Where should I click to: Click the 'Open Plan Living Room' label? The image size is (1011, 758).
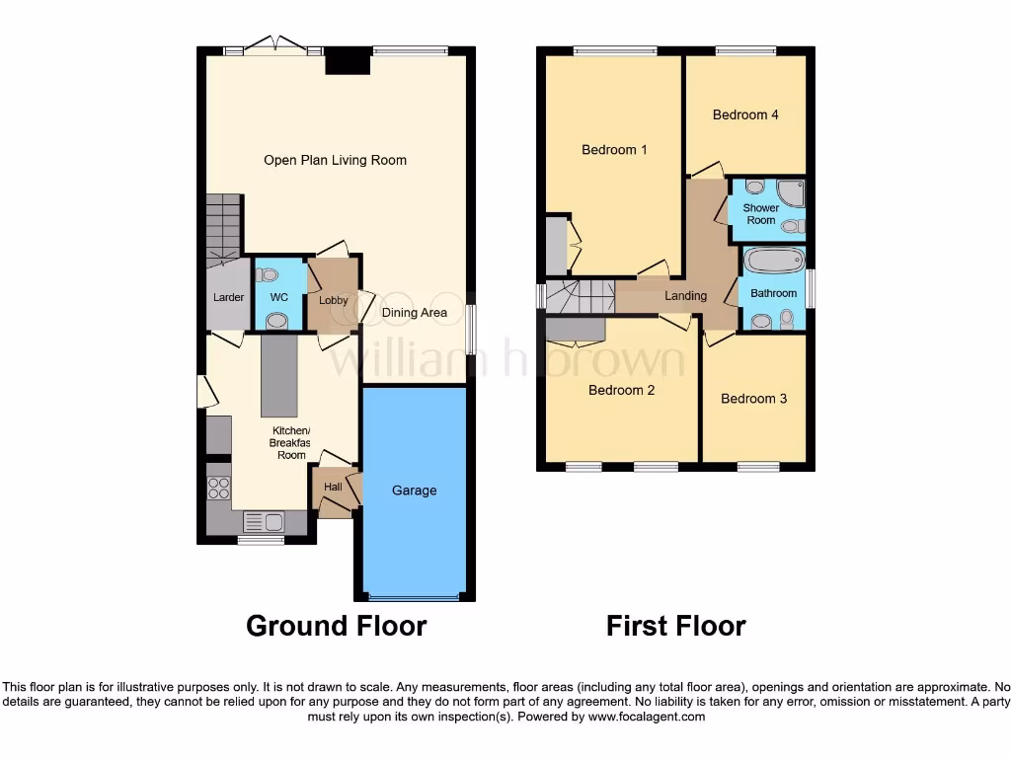pos(335,160)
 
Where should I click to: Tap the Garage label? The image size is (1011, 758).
pos(414,491)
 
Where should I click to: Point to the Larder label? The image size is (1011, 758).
pos(228,297)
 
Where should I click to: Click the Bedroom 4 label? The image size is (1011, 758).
pos(745,114)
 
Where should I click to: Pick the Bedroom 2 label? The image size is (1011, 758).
pos(621,390)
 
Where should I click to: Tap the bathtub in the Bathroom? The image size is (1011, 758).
pos(773,262)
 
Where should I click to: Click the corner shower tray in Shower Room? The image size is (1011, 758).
pos(790,190)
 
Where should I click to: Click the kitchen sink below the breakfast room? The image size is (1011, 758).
pos(263,522)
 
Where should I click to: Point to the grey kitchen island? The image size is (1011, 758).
pos(278,376)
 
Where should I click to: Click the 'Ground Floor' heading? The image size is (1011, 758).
pos(336,626)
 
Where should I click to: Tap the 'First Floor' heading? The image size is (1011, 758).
pos(675,626)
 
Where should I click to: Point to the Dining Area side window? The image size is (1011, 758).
pos(469,329)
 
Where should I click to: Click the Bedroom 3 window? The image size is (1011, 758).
pos(758,467)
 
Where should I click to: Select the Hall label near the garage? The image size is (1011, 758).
pos(333,487)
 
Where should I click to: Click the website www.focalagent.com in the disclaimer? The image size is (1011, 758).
pos(646,717)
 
